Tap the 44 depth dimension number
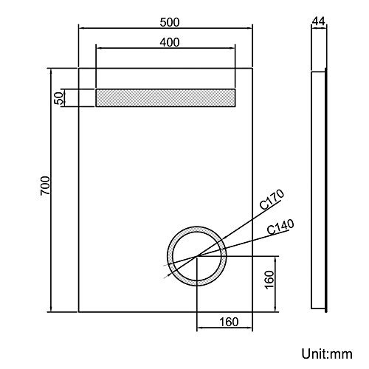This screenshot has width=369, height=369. (x=320, y=21)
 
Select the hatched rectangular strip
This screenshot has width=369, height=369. (x=165, y=97)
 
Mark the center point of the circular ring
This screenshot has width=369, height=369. (x=197, y=256)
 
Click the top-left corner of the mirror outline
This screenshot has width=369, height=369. (x=78, y=68)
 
